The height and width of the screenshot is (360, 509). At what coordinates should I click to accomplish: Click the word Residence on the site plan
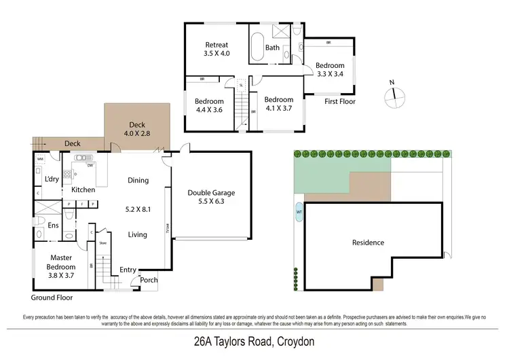[368, 242]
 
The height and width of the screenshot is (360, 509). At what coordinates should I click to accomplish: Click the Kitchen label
[83, 190]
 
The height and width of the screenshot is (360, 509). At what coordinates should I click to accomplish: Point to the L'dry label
[51, 179]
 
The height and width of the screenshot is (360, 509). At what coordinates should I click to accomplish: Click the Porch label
[149, 280]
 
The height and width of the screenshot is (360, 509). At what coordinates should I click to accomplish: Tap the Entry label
[128, 270]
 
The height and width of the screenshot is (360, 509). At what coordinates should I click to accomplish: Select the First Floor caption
[339, 101]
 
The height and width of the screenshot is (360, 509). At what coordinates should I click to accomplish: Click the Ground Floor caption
[52, 298]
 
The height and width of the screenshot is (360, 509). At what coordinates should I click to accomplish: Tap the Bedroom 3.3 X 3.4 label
[331, 70]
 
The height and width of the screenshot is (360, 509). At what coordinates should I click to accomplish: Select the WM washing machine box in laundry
[40, 159]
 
